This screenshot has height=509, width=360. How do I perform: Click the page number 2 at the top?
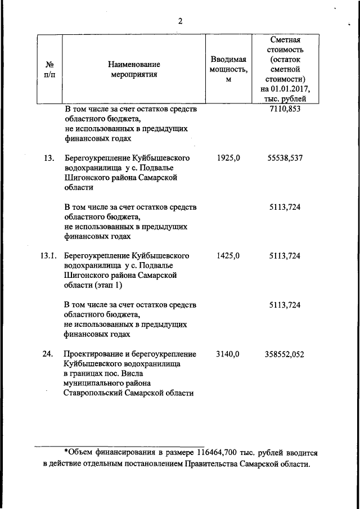point(180,21)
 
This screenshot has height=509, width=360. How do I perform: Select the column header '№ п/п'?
point(49,69)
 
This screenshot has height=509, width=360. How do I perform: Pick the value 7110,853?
point(285,109)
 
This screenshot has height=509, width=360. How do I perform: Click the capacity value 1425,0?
point(228,256)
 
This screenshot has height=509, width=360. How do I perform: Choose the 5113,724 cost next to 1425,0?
point(285,256)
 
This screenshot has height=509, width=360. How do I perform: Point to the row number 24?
point(48,354)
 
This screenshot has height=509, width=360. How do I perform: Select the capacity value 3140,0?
point(228,354)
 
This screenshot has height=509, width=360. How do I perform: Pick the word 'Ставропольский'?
point(96,393)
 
